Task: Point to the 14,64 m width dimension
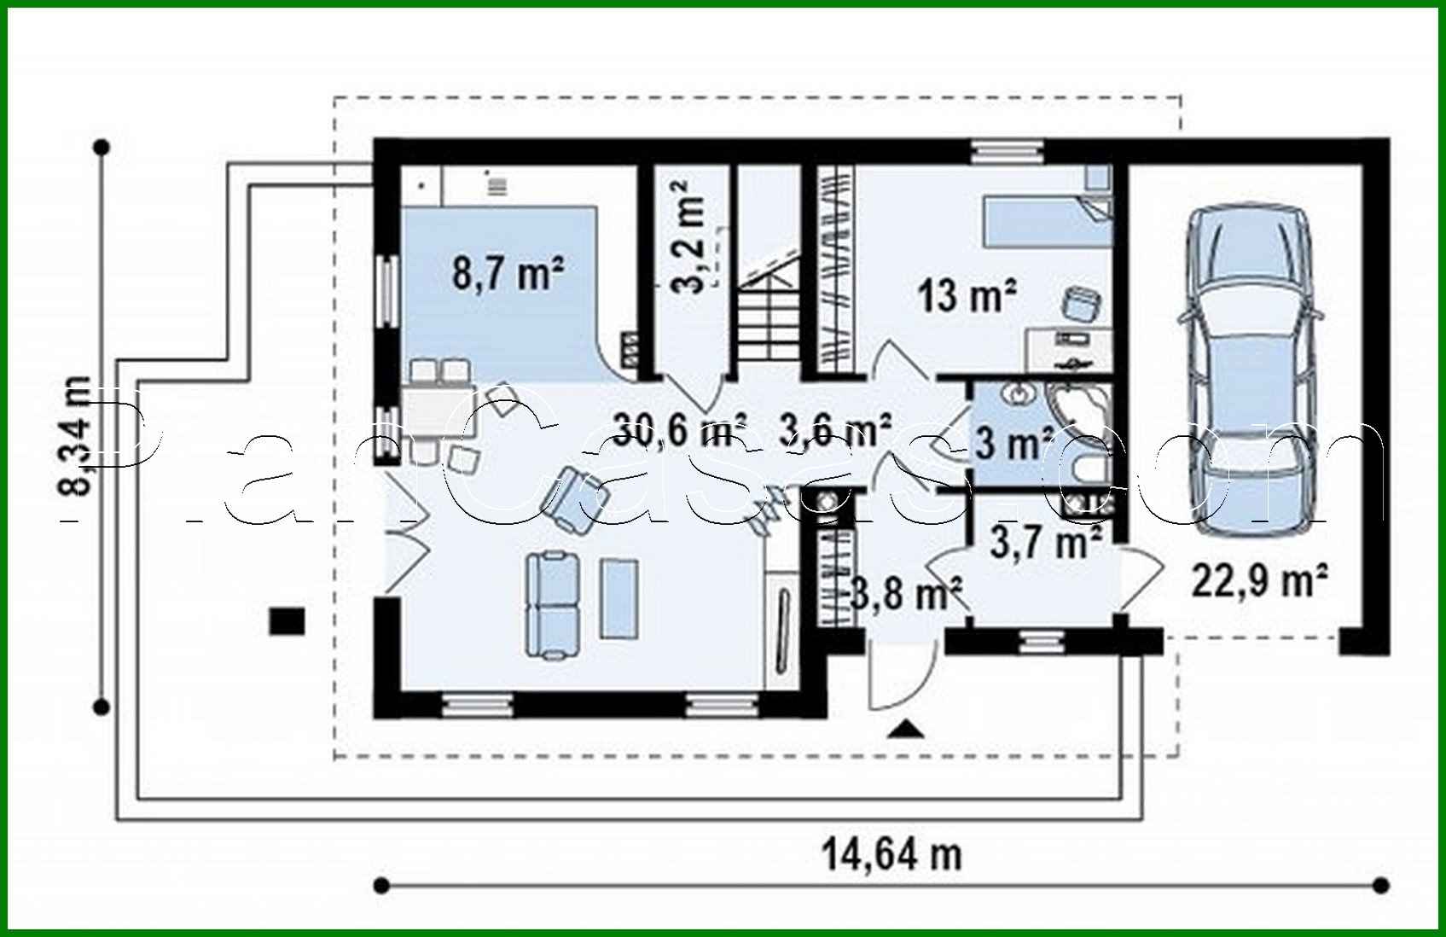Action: coord(891,853)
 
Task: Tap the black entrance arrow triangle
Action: coord(906,728)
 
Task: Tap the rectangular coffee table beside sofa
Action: coord(619,597)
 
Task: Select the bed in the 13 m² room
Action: coord(1045,220)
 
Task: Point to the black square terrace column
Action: coord(287,620)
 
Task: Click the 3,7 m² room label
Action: coord(1045,541)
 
